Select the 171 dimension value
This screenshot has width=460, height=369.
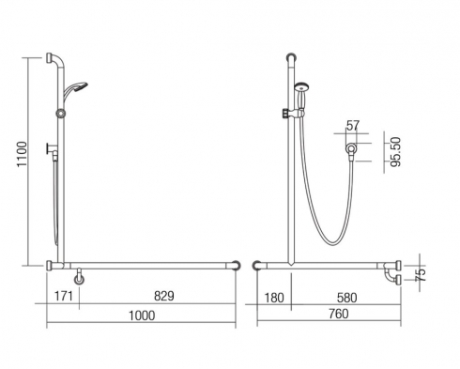[64, 296]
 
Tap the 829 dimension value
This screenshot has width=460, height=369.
[164, 296]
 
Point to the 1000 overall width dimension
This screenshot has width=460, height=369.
[142, 315]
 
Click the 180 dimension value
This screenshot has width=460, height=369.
[274, 298]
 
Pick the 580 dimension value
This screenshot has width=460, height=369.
[346, 298]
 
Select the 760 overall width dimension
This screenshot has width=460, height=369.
[339, 314]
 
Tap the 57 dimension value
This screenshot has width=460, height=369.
[353, 126]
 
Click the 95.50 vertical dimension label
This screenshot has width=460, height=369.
[396, 152]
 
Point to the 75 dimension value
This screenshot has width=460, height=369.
[422, 274]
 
